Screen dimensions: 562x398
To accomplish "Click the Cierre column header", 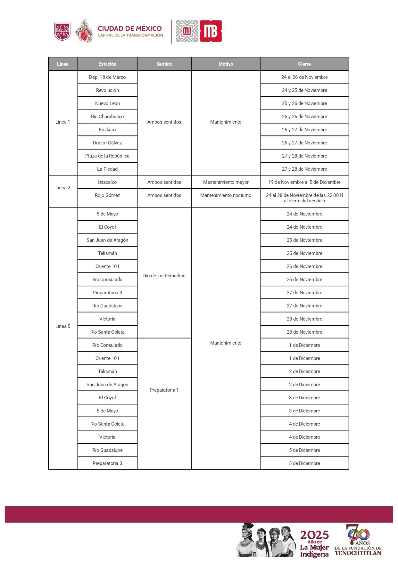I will pyautogui.click(x=304, y=64).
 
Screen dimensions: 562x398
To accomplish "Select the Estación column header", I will pyautogui.click(x=107, y=64).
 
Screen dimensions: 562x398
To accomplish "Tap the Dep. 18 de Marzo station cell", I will pyautogui.click(x=107, y=77).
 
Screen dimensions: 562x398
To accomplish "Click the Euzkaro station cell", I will pyautogui.click(x=107, y=130).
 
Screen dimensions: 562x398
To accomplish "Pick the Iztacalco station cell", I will pyautogui.click(x=107, y=182).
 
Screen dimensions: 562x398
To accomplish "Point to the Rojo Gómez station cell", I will pyautogui.click(x=107, y=195).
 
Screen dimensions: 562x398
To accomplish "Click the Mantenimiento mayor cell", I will pyautogui.click(x=226, y=182).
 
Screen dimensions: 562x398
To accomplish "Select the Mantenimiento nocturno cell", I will pyautogui.click(x=226, y=195).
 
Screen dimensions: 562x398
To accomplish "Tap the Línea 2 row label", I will pyautogui.click(x=63, y=188).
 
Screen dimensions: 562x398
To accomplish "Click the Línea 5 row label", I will pyautogui.click(x=63, y=326).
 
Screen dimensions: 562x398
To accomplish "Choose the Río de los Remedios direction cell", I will pyautogui.click(x=164, y=276).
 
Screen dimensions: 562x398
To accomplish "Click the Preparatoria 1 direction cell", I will pyautogui.click(x=164, y=390).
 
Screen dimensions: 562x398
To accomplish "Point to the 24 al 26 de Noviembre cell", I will pyautogui.click(x=304, y=77).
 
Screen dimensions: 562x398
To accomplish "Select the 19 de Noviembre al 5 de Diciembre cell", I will pyautogui.click(x=304, y=182).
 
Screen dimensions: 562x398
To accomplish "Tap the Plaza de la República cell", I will pyautogui.click(x=107, y=156).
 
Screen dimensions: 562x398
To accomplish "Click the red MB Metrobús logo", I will pyautogui.click(x=211, y=31).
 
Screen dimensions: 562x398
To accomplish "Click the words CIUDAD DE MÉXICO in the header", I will pyautogui.click(x=130, y=29).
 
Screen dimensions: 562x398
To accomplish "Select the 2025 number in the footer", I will pyautogui.click(x=314, y=535).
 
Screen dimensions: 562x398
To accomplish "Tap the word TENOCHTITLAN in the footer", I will pyautogui.click(x=358, y=553).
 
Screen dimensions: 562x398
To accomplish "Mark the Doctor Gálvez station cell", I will pyautogui.click(x=107, y=143).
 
